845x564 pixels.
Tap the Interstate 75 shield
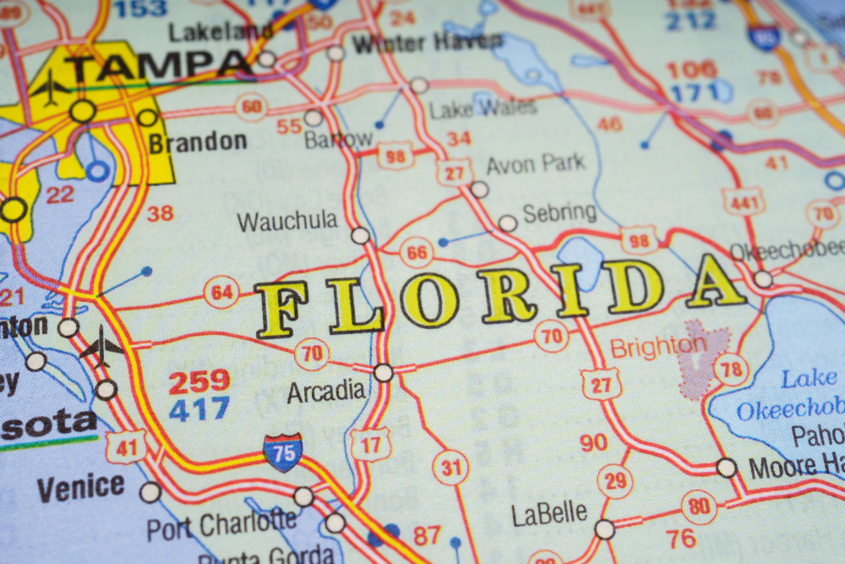[283, 452]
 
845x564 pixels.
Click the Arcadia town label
[326, 392]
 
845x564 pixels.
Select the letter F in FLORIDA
[281, 309]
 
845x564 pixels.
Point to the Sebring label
[559, 213]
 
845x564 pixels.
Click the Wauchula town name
[287, 222]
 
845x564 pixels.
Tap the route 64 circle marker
[221, 293]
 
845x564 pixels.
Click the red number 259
[199, 382]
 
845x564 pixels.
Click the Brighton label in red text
[658, 347]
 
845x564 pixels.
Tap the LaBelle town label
[549, 513]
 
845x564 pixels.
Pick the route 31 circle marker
[450, 467]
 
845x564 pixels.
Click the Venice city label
[80, 488]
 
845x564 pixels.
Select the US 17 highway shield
[370, 444]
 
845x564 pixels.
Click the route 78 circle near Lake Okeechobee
[731, 370]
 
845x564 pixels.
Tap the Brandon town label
[198, 142]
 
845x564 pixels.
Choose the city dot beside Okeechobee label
[763, 279]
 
